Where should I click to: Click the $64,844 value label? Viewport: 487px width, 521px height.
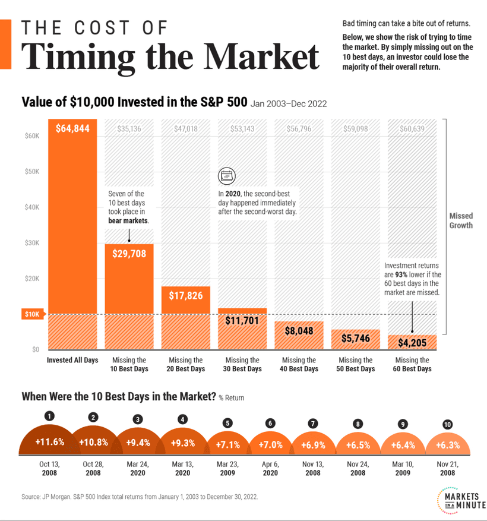pos(72,128)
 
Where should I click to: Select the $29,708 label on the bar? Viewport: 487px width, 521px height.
pos(129,254)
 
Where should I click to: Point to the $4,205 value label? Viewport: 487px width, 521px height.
pos(412,342)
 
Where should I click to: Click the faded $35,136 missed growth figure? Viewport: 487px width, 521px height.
pos(129,128)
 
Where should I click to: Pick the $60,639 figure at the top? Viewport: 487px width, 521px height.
pos(412,128)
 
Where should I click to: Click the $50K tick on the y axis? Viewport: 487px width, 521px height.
pos(32,172)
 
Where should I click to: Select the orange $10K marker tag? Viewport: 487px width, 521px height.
pos(31,314)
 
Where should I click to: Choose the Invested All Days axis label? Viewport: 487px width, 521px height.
pos(72,360)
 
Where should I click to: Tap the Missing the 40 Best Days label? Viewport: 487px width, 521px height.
pos(299,364)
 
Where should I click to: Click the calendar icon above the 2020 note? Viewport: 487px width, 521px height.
pos(226,175)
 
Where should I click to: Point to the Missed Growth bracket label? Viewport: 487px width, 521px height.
pos(461,221)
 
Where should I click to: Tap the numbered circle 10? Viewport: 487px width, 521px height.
pos(448,425)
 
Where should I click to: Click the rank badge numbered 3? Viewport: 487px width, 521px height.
pos(138,419)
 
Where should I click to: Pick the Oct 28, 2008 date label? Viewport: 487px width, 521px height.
pos(93,469)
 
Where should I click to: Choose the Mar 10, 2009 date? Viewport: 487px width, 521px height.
pos(403,469)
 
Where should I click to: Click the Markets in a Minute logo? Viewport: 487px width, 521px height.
pos(460,499)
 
